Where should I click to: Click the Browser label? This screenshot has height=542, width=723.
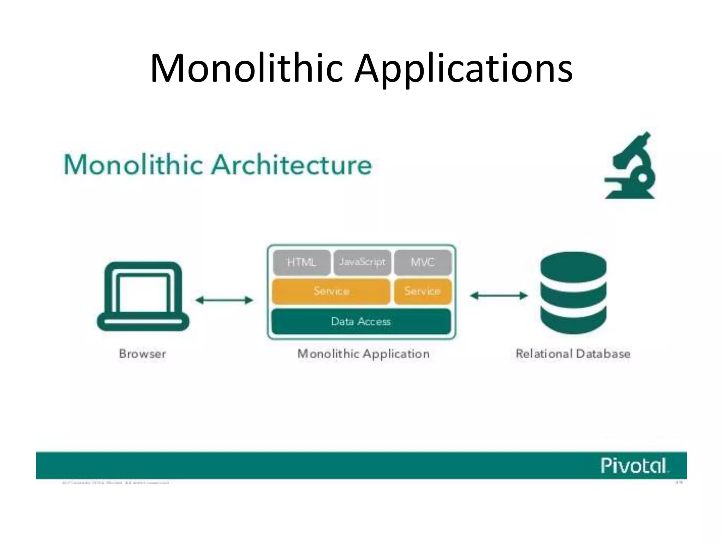pyautogui.click(x=142, y=354)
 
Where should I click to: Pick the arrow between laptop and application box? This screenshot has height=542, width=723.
pyautogui.click(x=224, y=300)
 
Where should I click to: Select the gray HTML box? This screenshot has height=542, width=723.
pyautogui.click(x=301, y=263)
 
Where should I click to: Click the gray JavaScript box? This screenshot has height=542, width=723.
pyautogui.click(x=362, y=262)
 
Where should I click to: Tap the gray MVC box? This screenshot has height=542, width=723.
pyautogui.click(x=423, y=263)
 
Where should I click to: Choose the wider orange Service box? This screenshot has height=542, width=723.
pyautogui.click(x=331, y=291)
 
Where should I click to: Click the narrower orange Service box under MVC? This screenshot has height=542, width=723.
pyautogui.click(x=423, y=291)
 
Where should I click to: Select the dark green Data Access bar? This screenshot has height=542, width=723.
pyautogui.click(x=361, y=321)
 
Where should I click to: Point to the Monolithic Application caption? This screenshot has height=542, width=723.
pyautogui.click(x=363, y=354)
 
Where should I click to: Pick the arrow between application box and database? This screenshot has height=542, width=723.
pyautogui.click(x=498, y=295)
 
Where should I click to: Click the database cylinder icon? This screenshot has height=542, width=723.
pyautogui.click(x=573, y=293)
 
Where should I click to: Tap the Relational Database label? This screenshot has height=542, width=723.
pyautogui.click(x=573, y=354)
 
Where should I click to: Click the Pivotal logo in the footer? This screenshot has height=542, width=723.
pyautogui.click(x=634, y=465)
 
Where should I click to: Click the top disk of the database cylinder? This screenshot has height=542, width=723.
pyautogui.click(x=573, y=266)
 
